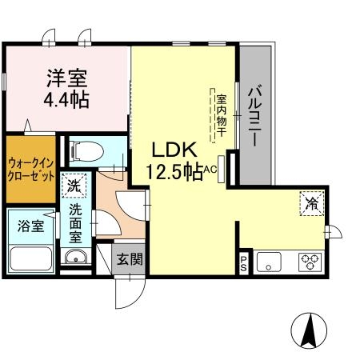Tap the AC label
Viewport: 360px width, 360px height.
211,170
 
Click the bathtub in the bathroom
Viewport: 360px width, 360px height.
30,258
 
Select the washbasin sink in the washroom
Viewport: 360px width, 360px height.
76,258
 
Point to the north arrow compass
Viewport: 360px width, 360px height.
307,327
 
